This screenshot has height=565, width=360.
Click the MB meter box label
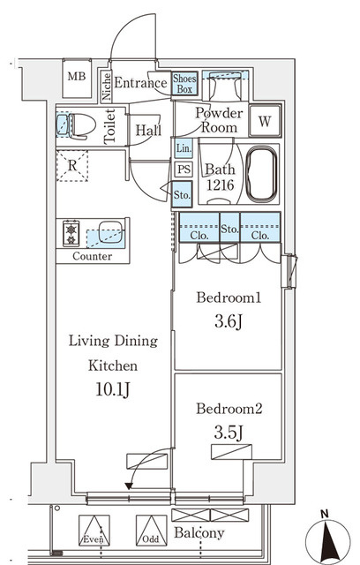(77, 77)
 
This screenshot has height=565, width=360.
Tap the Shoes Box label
(184, 84)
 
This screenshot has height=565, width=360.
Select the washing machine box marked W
(265, 121)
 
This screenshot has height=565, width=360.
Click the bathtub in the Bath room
(261, 174)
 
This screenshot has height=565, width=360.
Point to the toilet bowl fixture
(82, 125)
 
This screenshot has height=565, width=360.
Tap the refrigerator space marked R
(72, 165)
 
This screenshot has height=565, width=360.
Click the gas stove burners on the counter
(71, 233)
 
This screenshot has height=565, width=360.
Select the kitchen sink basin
(110, 231)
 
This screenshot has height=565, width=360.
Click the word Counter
(92, 256)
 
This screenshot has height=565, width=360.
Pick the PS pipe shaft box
(184, 169)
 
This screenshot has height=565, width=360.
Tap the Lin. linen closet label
(184, 148)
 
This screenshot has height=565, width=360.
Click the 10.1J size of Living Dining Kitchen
(112, 389)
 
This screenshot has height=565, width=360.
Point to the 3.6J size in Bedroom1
(229, 321)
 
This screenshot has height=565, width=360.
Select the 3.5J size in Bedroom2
(229, 433)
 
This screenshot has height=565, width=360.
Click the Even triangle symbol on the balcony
(94, 530)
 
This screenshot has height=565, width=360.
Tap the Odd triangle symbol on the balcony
(151, 530)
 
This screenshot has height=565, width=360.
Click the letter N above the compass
(325, 514)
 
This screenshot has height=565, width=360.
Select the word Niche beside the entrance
(106, 87)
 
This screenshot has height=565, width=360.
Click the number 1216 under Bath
(220, 185)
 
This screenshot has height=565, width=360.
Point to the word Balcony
(199, 533)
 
